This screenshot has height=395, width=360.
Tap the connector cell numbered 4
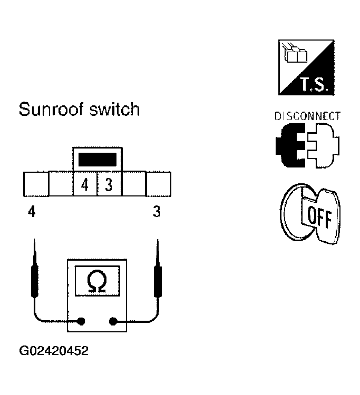pos(84,186)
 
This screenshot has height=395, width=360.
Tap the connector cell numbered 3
pos(109,186)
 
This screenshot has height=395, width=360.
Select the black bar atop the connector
pos(96,159)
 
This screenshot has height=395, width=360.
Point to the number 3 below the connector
pos(157,213)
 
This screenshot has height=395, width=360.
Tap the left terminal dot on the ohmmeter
pos(81,321)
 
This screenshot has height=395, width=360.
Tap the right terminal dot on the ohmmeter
pos(113,321)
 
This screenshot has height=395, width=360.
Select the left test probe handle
pos(34,279)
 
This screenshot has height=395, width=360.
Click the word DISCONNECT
pos(307,116)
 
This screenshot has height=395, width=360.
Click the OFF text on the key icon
pos(316,217)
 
